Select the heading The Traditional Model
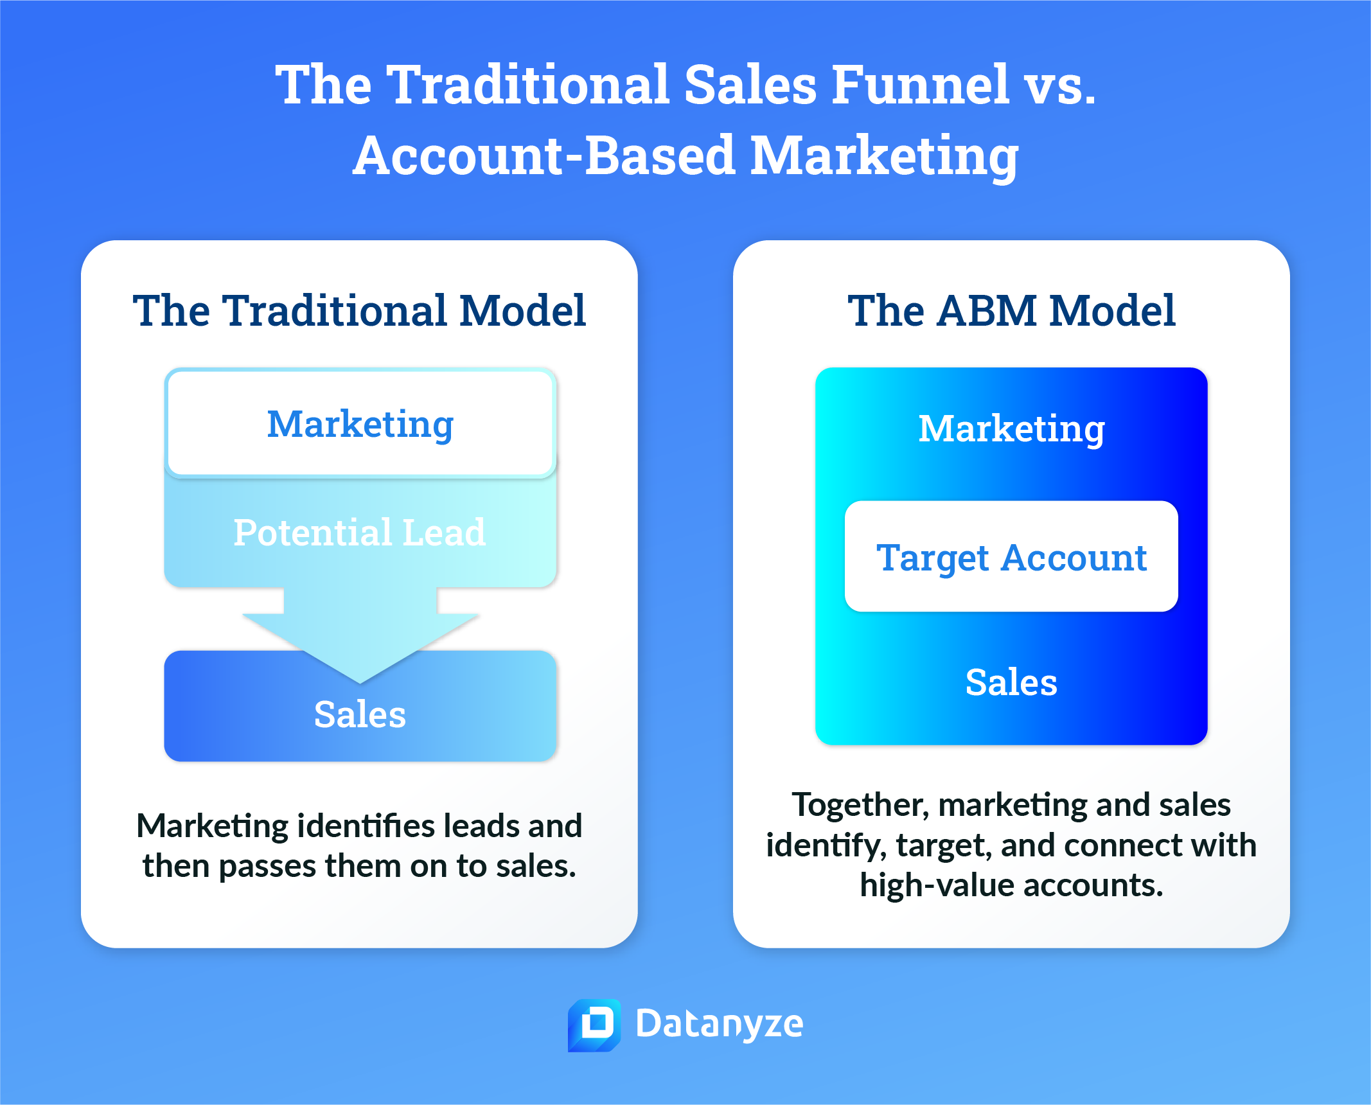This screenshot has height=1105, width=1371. pyautogui.click(x=359, y=310)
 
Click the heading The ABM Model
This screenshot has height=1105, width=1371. pyautogui.click(x=1011, y=310)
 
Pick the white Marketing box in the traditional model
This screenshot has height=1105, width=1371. pyautogui.click(x=360, y=424)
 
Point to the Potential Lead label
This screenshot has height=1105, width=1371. pyautogui.click(x=359, y=533)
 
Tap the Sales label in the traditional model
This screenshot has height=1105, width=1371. pyautogui.click(x=360, y=714)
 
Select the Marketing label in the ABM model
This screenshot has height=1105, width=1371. pyautogui.click(x=1011, y=429)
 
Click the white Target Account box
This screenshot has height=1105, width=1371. pyautogui.click(x=1011, y=556)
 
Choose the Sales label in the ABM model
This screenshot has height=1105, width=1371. pyautogui.click(x=1011, y=682)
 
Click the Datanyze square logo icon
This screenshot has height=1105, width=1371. pyautogui.click(x=594, y=1024)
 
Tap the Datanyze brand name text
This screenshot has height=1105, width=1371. pyautogui.click(x=719, y=1024)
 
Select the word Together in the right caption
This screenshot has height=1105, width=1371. pyautogui.click(x=860, y=805)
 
